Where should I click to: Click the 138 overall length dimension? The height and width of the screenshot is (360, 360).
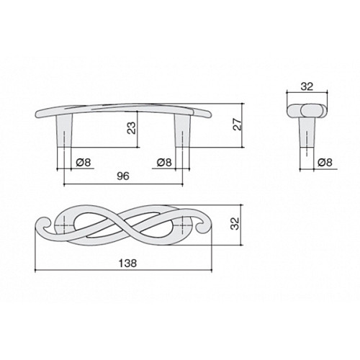click(127, 263)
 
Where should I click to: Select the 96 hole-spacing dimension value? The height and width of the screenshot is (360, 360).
click(123, 176)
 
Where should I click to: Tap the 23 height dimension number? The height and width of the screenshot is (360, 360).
click(132, 128)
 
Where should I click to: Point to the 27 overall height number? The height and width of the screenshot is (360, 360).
click(238, 124)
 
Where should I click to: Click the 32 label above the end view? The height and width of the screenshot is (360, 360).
click(307, 86)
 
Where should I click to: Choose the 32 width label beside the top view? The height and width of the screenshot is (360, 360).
click(235, 223)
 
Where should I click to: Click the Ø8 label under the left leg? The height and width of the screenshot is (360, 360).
click(84, 163)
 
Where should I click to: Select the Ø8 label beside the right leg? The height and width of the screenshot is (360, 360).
click(164, 163)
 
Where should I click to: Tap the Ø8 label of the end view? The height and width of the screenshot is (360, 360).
click(325, 163)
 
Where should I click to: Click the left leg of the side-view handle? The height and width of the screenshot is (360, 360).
click(64, 131)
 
